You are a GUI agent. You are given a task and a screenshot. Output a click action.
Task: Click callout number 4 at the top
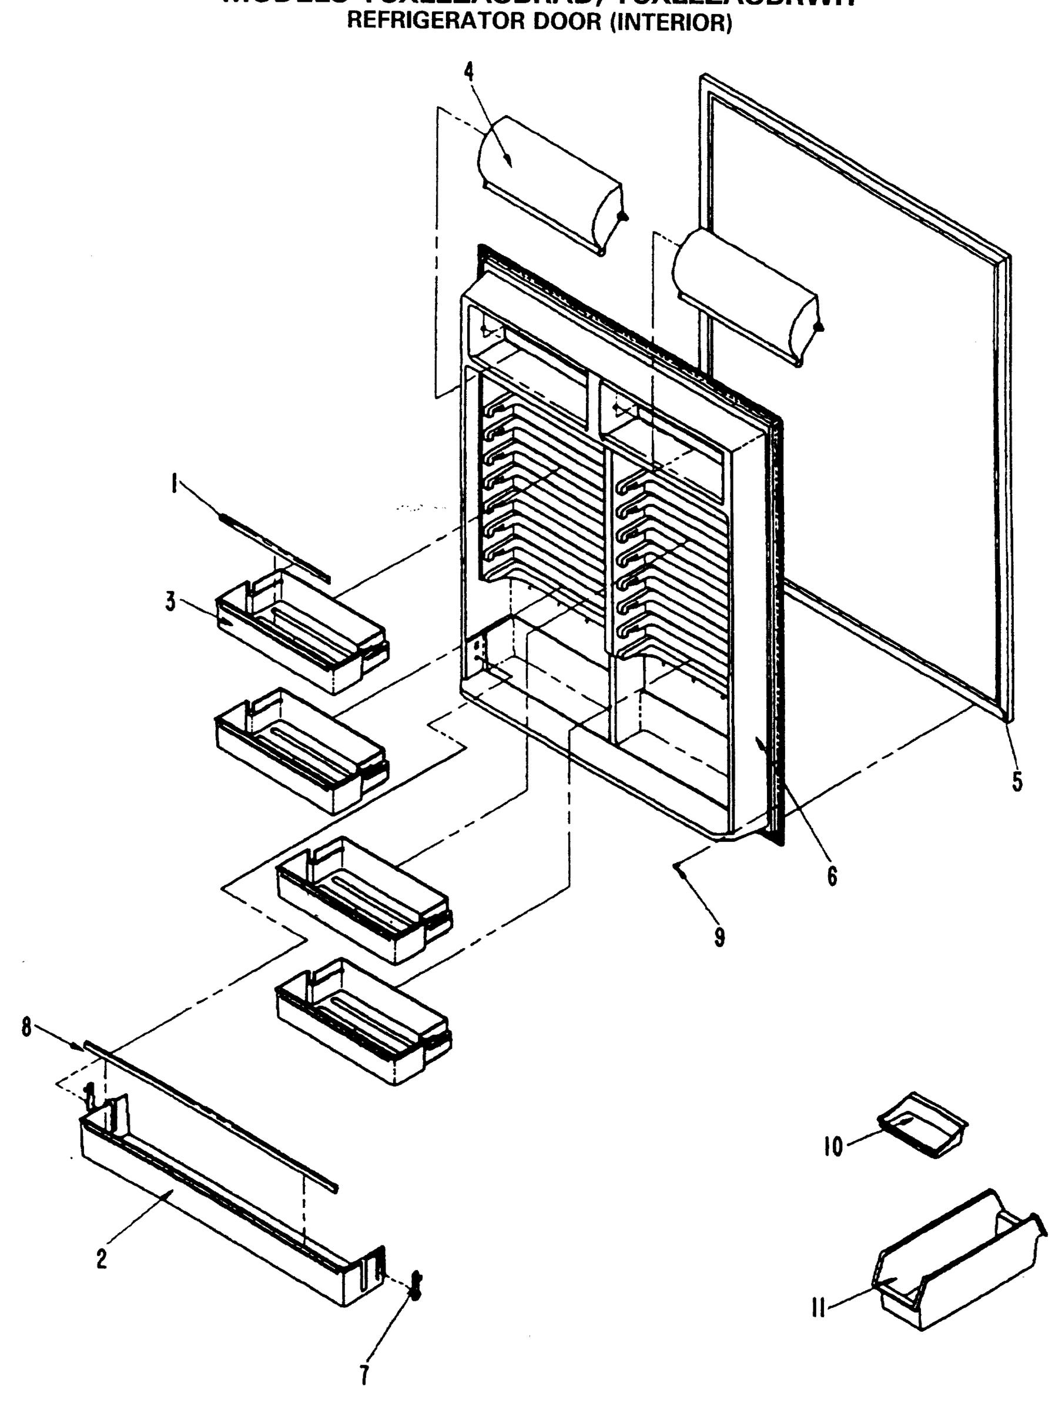469,72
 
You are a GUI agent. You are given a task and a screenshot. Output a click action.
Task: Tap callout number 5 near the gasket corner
1017,781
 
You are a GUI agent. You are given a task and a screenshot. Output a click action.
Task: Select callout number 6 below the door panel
832,877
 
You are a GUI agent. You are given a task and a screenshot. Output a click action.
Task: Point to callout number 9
719,937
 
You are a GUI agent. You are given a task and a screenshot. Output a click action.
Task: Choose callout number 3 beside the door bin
170,601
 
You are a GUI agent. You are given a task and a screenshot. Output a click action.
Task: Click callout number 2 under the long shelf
102,1259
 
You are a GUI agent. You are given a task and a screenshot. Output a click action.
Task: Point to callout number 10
833,1147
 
